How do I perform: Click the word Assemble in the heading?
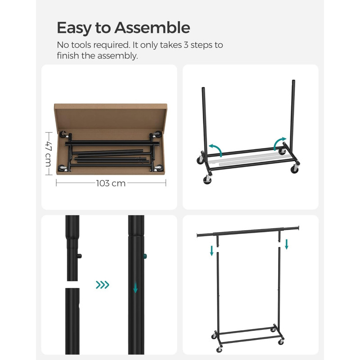tap(152, 27)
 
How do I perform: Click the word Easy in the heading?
tap(74, 28)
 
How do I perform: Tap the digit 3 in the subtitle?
tap(186, 45)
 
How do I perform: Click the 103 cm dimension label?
tap(111, 183)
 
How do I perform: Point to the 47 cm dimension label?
tap(49, 153)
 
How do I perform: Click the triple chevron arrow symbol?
tap(103, 285)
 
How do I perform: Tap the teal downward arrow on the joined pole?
tap(135, 287)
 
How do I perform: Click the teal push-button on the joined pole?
tap(145, 256)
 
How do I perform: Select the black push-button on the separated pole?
tap(80, 256)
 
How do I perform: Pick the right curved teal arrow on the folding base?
tap(279, 143)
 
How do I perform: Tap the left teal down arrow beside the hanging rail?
tap(211, 251)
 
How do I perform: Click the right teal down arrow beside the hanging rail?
tap(287, 244)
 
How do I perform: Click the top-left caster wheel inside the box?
tap(63, 134)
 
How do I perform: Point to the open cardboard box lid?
tap(110, 117)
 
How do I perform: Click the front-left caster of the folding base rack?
tap(207, 180)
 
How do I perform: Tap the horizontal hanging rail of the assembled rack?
tap(248, 231)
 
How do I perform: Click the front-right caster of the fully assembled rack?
tap(281, 342)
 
